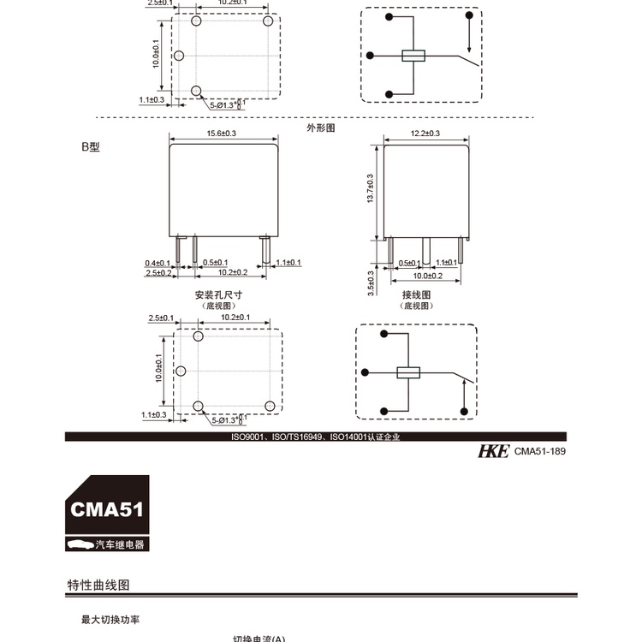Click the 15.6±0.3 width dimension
[x=222, y=134]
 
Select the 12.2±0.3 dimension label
[x=425, y=134]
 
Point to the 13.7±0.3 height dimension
[x=371, y=189]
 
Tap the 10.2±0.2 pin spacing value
[x=232, y=272]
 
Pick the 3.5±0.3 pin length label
[x=371, y=283]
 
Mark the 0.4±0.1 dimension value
[x=158, y=262]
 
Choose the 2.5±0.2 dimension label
[x=158, y=272]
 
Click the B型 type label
[x=91, y=147]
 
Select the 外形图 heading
[x=320, y=128]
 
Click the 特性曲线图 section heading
[x=98, y=586]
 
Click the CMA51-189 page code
[x=541, y=452]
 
